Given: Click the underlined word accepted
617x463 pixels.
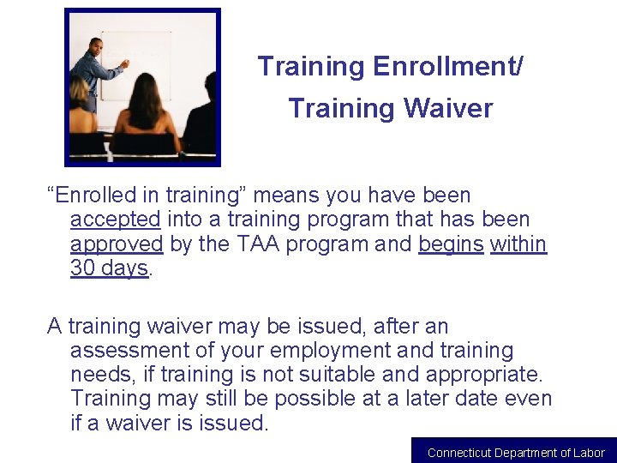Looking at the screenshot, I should [x=115, y=220].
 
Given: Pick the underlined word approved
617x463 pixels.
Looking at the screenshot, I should [x=117, y=244].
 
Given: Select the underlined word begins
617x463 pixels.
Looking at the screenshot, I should [x=451, y=244].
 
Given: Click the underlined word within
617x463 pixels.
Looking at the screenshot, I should [x=518, y=244].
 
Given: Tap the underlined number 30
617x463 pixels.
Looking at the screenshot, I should [x=83, y=268].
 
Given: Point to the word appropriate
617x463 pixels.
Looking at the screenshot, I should [x=486, y=375].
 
